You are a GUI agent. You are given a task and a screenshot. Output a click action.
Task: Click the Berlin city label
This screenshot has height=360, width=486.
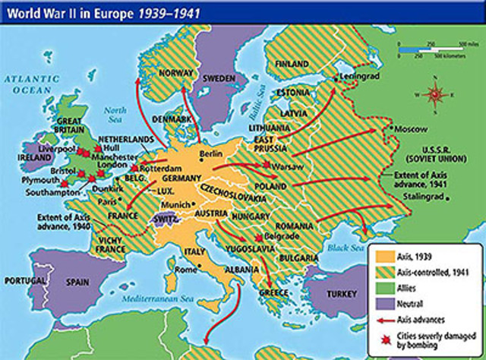pyautogui.click(x=210, y=153)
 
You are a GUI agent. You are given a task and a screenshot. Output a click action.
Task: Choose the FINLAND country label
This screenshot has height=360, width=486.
pyautogui.click(x=292, y=65)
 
